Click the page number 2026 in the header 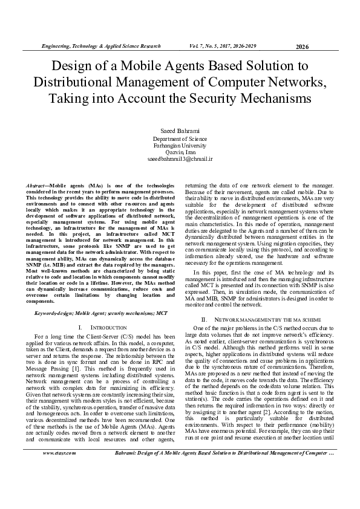click(x=303, y=47)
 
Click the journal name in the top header click(x=100, y=46)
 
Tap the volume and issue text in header click(x=226, y=46)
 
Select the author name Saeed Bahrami click(x=180, y=131)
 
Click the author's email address click(x=180, y=159)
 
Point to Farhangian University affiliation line click(x=180, y=146)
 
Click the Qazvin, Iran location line click(x=180, y=152)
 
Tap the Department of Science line click(x=180, y=139)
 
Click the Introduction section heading click(x=100, y=326)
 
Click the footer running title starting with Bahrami click(x=227, y=485)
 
